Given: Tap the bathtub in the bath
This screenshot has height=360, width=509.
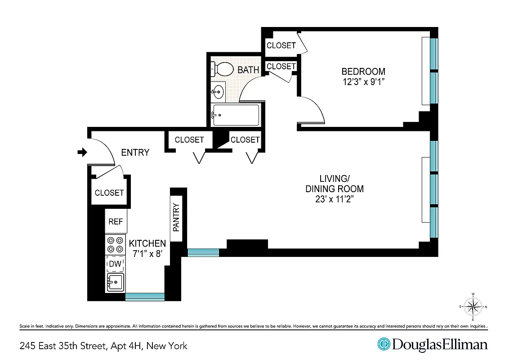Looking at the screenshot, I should tap(236, 115).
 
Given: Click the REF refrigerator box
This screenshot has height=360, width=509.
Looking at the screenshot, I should tap(116, 222).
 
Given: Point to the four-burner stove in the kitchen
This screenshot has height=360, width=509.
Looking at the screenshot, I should tap(115, 245).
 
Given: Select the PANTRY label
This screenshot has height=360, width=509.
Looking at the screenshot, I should tap(176, 217).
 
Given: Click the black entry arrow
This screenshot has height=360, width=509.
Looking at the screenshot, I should tap(82, 153).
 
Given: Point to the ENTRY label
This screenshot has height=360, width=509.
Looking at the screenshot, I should tap(135, 153).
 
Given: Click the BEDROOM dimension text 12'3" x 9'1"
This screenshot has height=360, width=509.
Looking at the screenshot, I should tap(363, 82).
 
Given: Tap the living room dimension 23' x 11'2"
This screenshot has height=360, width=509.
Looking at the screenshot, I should tap(335, 199).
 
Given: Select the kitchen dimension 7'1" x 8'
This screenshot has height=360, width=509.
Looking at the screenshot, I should tap(147, 254).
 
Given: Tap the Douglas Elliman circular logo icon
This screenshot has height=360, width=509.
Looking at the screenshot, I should tap(384, 345).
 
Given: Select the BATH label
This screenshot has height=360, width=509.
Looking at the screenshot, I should tap(248, 70).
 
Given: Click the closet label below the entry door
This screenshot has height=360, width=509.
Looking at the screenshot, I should tap(109, 193).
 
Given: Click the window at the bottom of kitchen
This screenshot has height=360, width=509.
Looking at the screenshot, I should tap(145, 297).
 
